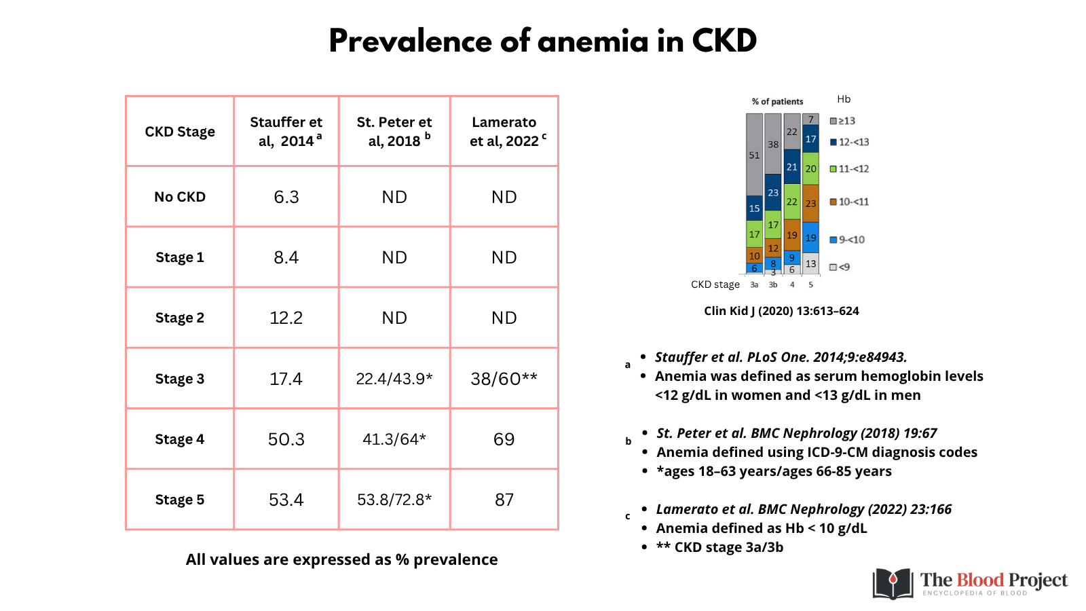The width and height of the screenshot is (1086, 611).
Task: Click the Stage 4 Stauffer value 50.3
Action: point(286,439)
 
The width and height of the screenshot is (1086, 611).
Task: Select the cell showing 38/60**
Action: point(504,379)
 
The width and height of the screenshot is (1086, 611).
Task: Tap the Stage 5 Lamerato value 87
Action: point(504,500)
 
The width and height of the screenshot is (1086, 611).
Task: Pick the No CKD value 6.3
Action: point(286,197)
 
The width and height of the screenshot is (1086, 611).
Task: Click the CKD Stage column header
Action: point(180,132)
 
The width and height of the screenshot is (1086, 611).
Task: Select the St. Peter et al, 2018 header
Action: point(394,132)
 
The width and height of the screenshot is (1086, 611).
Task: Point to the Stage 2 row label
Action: point(180,318)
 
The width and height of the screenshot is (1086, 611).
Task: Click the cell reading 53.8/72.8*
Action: point(394,500)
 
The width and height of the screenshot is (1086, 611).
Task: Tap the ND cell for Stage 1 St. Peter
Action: point(394,257)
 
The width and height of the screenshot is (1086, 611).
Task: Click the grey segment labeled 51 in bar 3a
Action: point(754,155)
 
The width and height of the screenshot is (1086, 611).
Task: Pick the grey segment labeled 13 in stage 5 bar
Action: point(810,263)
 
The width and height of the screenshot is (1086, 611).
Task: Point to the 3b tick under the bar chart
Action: point(773,285)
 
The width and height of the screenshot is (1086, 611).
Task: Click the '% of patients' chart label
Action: point(777,101)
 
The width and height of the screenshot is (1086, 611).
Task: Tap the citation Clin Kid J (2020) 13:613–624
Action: point(781,311)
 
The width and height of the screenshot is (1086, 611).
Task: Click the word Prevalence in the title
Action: point(410,41)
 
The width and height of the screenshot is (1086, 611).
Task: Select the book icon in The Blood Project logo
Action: point(893,584)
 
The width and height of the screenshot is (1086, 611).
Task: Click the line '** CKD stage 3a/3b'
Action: point(719,547)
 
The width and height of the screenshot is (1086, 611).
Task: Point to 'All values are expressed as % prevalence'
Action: point(341,559)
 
